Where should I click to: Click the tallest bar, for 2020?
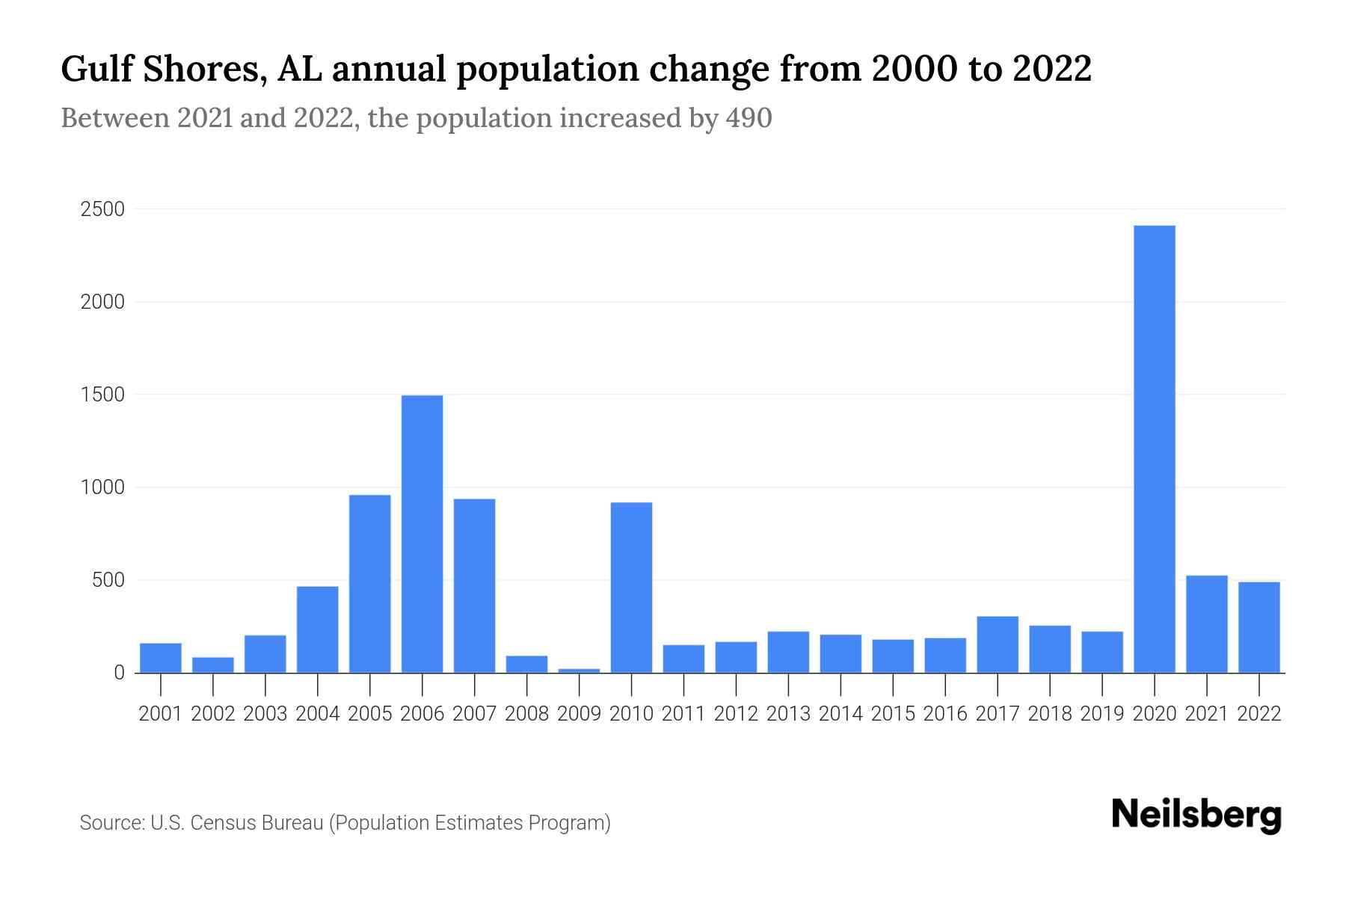point(1154,449)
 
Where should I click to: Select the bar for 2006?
point(422,534)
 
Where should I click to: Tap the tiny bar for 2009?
point(579,670)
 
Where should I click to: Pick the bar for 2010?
point(631,587)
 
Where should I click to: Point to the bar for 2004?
point(317,629)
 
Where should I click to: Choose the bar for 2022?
point(1259,627)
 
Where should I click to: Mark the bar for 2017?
point(998,644)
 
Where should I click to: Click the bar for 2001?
point(161,658)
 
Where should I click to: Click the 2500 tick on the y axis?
point(102,209)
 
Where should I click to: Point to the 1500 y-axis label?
point(102,395)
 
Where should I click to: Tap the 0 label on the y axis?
point(119,673)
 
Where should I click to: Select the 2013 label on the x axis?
point(788,714)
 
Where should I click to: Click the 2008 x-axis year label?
point(526,714)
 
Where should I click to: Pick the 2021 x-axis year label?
point(1206,714)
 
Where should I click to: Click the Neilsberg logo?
point(1196,816)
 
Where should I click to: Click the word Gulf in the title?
point(94,70)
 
